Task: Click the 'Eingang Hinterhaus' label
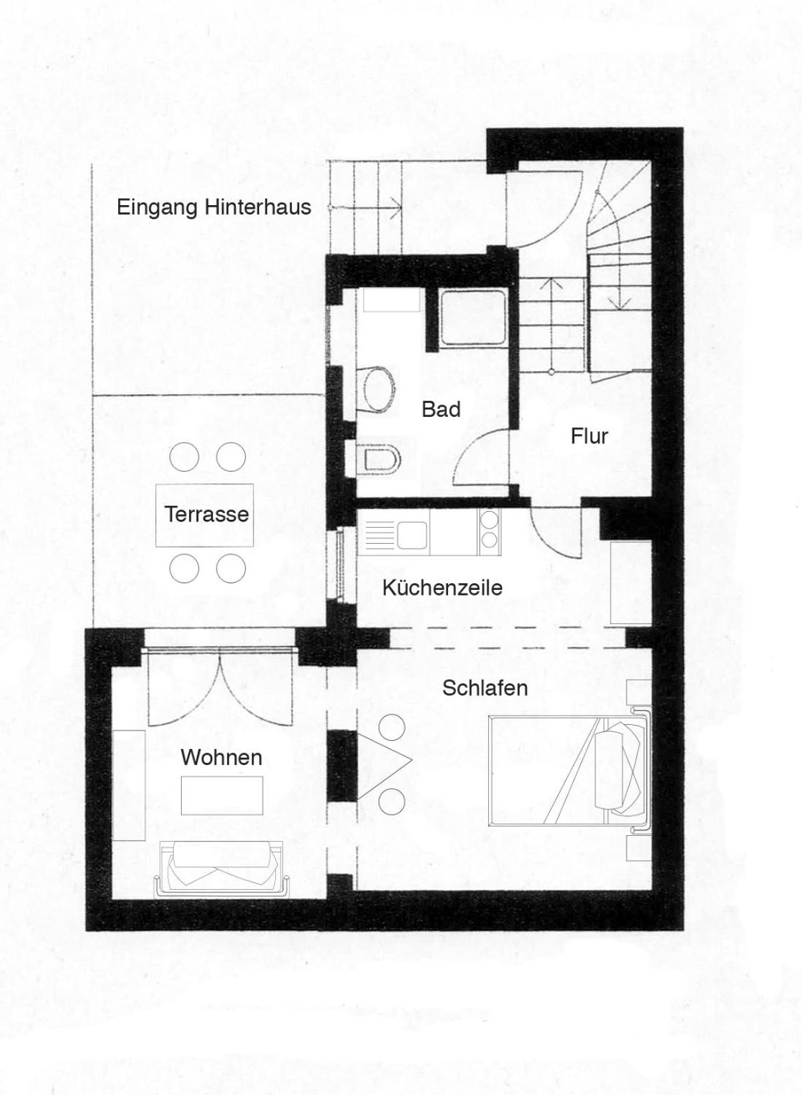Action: coord(214,208)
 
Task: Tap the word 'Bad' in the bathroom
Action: coord(441,409)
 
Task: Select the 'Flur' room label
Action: coord(590,436)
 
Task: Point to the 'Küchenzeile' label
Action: coord(442,588)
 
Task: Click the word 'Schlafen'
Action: coord(485,688)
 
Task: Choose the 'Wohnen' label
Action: coord(222,758)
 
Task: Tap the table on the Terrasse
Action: coord(204,515)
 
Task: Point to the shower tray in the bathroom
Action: coord(473,318)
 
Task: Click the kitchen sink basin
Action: coord(412,534)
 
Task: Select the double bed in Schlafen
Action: coord(570,772)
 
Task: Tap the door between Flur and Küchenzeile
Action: coord(555,533)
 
